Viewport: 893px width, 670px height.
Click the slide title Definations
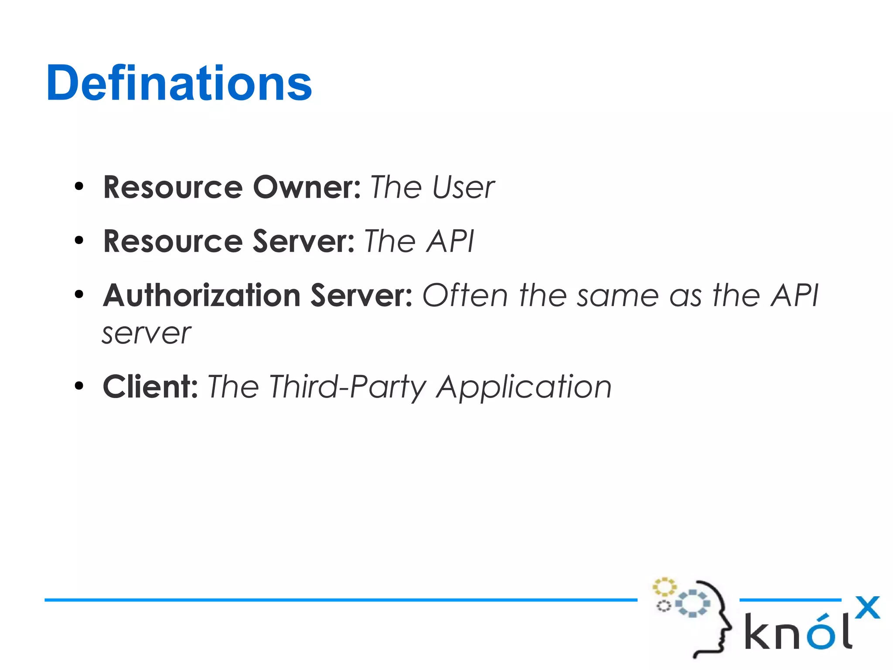(179, 83)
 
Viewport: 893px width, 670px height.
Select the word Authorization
(201, 295)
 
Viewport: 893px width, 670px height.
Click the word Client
(150, 387)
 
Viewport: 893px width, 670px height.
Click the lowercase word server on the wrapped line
(147, 334)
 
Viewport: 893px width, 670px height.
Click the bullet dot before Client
(79, 386)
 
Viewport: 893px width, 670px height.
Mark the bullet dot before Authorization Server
(79, 295)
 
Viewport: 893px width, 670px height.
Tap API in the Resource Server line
(450, 241)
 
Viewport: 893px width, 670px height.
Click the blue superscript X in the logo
(867, 607)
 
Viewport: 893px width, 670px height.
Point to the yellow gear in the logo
(664, 587)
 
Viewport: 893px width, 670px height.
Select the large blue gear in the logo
(692, 604)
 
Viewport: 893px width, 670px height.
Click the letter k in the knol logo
(757, 631)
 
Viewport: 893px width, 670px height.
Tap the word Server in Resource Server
(303, 241)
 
